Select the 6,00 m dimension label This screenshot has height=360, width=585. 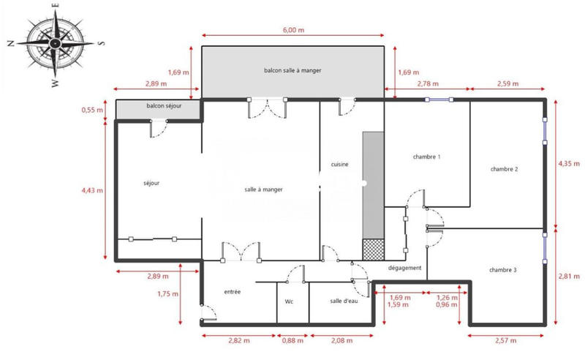292,30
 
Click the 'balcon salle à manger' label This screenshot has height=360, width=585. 292,70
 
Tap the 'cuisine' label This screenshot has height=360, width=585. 339,165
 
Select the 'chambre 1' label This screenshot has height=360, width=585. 426,157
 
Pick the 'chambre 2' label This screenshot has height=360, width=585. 504,169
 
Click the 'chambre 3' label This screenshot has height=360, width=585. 503,270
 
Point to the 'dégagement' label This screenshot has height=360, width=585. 404,268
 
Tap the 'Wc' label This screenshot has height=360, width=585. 289,301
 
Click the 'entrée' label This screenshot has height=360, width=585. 233,292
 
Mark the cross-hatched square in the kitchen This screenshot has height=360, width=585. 373,250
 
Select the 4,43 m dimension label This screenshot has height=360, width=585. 91,190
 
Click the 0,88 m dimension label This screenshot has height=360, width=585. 293,340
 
